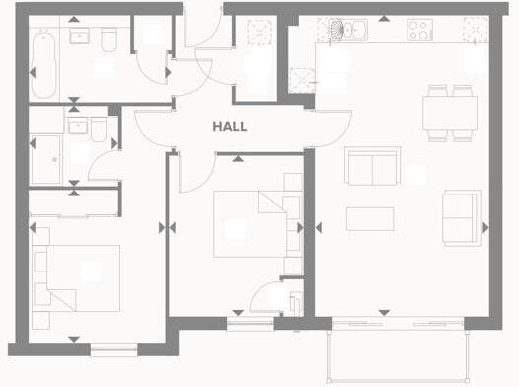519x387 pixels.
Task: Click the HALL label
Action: point(229,127)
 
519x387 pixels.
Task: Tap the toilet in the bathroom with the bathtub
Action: point(111,39)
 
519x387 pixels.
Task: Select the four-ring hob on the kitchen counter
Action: point(419,30)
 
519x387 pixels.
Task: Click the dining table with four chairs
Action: point(450,111)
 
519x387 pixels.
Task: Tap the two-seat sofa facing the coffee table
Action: point(372,165)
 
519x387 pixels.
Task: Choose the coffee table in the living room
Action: point(370,217)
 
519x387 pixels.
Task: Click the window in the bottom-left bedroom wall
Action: point(114,348)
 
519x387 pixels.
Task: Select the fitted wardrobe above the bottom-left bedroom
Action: point(74,203)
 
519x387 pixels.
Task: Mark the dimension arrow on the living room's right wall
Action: point(484,227)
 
